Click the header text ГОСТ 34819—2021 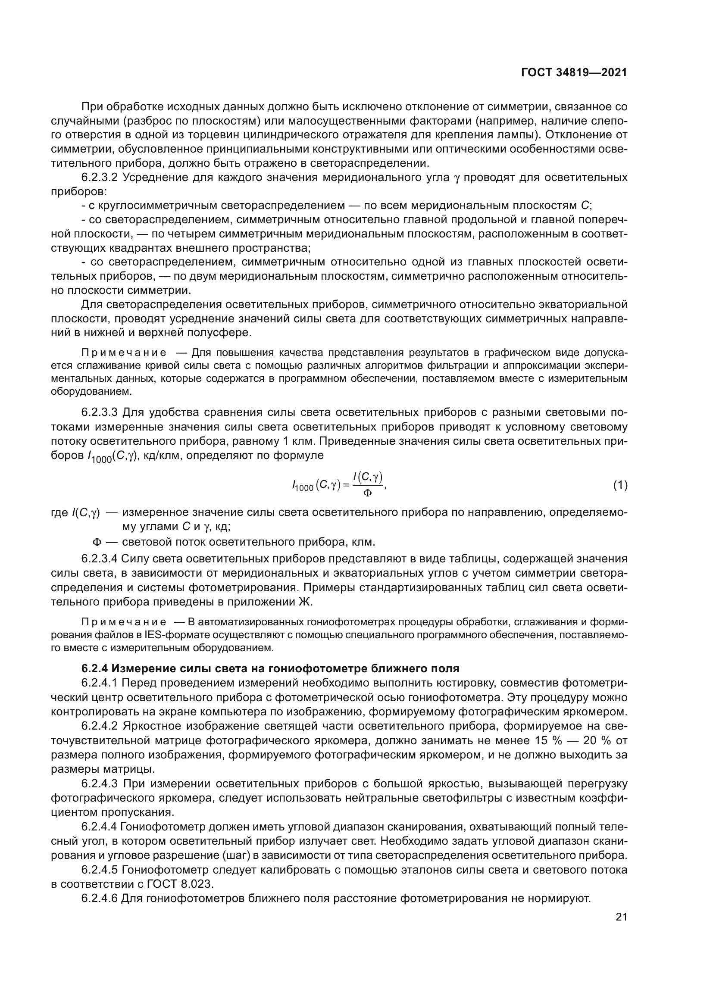(x=574, y=72)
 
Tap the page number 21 (x=621, y=917)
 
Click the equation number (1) (x=620, y=485)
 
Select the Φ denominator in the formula (x=368, y=493)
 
